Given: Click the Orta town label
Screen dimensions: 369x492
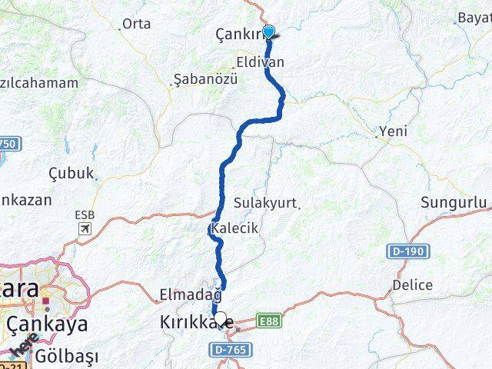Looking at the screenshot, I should click(136, 24).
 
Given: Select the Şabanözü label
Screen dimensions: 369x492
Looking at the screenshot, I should click(205, 79).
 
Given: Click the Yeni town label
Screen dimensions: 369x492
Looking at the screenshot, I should click(393, 131).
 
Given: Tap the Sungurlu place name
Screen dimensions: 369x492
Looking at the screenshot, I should click(454, 203).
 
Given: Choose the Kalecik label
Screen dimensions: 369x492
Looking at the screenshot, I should click(237, 228).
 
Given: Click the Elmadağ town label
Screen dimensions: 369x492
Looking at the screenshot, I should click(190, 294).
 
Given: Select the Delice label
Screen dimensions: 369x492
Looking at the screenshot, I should click(412, 284).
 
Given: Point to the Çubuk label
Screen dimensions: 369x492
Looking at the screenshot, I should click(71, 173).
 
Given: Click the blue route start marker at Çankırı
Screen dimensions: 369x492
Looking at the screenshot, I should click(268, 32).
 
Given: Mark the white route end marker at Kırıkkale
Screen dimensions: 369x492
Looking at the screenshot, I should click(221, 317).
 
